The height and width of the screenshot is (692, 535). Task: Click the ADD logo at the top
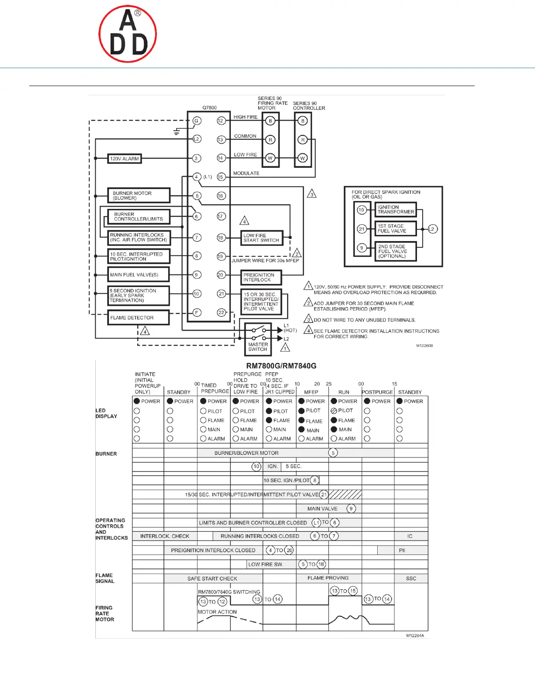pos(128,34)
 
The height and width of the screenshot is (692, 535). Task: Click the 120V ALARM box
pos(125,159)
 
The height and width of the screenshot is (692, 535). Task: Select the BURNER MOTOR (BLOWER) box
pos(139,195)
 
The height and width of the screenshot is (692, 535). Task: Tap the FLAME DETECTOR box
pos(139,318)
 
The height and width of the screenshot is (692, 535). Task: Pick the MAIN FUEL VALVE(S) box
pos(139,275)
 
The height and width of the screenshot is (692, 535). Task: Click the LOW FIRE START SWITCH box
pos(261,238)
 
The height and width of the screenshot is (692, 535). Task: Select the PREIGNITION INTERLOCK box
pos(261,277)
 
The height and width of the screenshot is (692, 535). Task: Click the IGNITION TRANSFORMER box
pos(396,210)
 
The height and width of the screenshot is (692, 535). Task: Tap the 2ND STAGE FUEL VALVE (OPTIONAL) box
pos(395,252)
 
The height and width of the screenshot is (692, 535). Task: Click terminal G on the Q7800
pos(197,121)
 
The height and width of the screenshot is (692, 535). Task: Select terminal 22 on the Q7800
pos(221,312)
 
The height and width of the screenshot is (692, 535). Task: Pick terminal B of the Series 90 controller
pos(302,121)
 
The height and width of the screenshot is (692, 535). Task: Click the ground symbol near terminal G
pos(177,131)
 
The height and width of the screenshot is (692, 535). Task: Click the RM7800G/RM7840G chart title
pos(281,366)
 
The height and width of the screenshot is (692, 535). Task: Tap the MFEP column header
pos(311,392)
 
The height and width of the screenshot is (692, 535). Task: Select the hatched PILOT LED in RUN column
pos(334,411)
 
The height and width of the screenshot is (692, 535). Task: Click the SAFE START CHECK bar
pos(212,578)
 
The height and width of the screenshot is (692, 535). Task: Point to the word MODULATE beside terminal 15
pos(246,173)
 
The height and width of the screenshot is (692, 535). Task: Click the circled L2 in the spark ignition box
pos(432,229)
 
